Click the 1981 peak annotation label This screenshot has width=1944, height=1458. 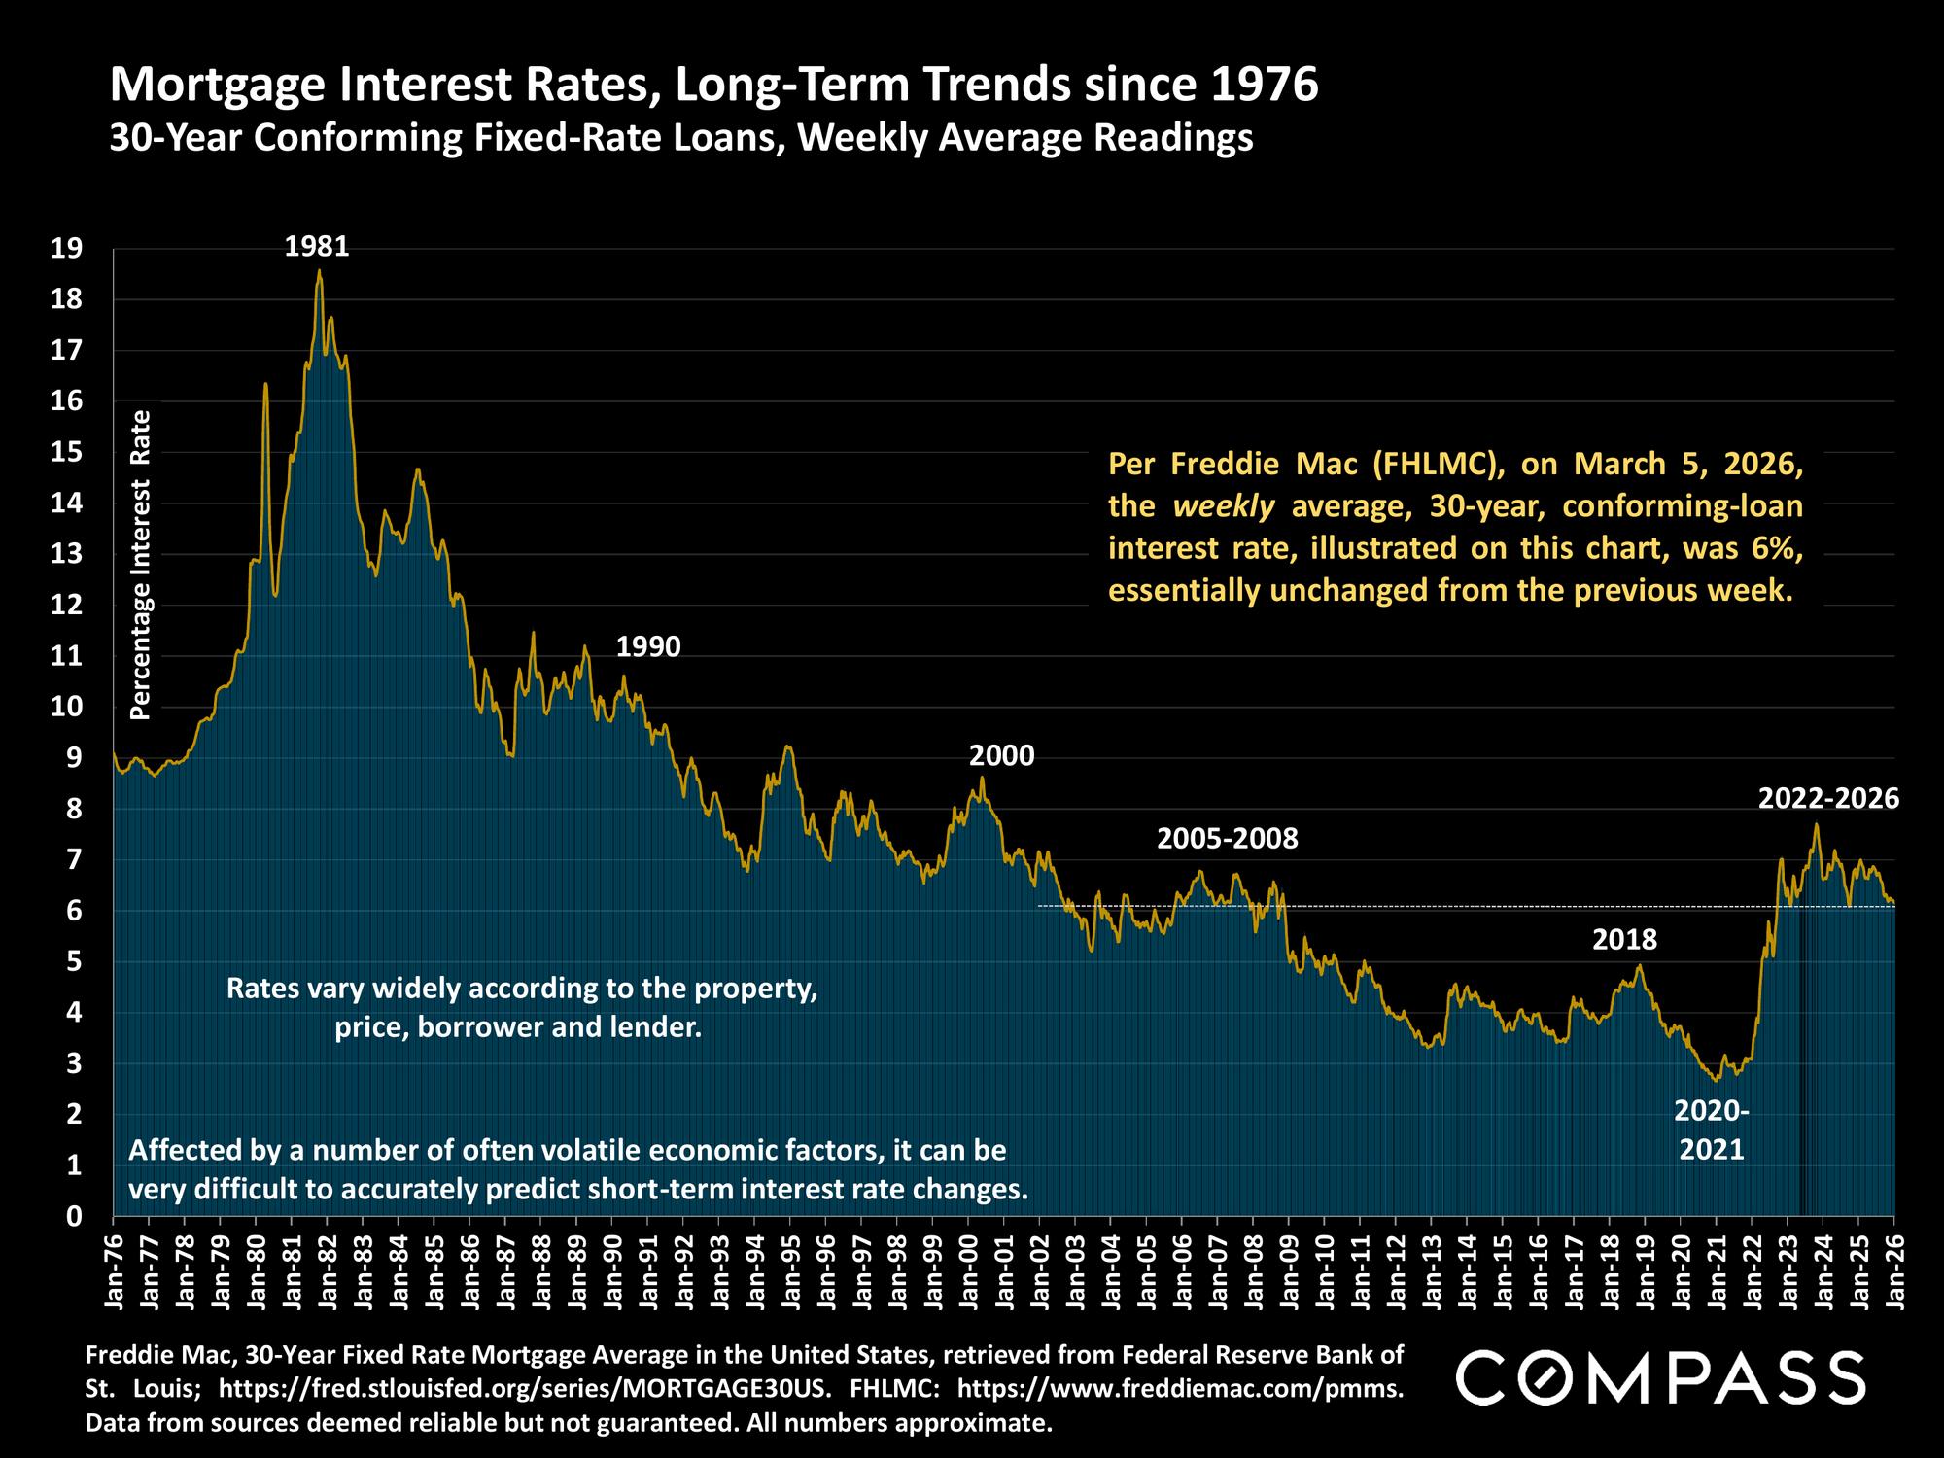point(317,247)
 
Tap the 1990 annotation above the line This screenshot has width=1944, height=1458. point(648,646)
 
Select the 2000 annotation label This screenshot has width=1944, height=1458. point(1002,755)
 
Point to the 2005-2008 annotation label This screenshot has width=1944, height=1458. point(1227,838)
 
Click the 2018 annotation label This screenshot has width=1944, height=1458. point(1624,940)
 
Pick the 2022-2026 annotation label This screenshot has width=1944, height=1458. point(1828,799)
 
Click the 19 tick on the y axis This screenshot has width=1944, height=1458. point(66,250)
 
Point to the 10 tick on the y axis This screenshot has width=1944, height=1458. point(66,707)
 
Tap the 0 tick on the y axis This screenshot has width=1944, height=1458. point(73,1215)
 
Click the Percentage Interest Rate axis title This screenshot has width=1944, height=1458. point(141,565)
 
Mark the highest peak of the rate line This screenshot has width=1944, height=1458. point(319,271)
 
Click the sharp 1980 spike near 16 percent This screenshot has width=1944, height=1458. point(265,385)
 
